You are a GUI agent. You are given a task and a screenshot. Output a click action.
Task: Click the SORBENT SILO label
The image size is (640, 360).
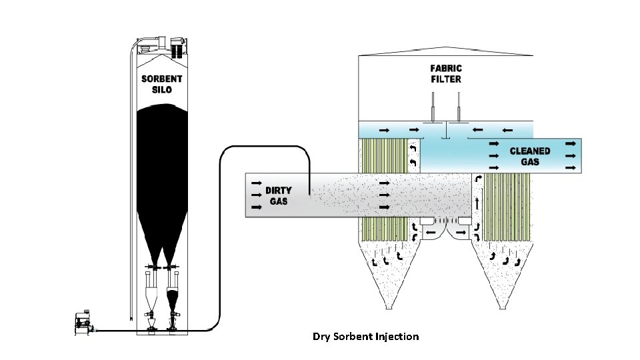[161, 84]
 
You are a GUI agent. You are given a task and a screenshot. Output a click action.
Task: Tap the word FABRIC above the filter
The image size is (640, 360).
[446, 68]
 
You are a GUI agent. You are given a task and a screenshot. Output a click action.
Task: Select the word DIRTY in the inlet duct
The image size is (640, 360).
[279, 190]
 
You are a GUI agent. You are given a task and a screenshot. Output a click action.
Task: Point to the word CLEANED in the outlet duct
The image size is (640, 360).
[530, 151]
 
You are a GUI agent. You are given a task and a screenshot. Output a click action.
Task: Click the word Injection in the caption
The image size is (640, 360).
[394, 337]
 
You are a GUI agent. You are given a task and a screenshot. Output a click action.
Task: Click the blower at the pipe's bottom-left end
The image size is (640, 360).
[83, 323]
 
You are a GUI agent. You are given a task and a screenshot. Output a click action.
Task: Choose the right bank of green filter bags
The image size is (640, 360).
[506, 207]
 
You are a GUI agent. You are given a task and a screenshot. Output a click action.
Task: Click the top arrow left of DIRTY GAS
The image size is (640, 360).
[255, 181]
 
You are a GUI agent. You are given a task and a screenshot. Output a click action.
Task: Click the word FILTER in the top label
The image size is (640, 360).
[446, 79]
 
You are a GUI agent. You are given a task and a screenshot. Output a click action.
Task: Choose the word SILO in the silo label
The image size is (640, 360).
[161, 89]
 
